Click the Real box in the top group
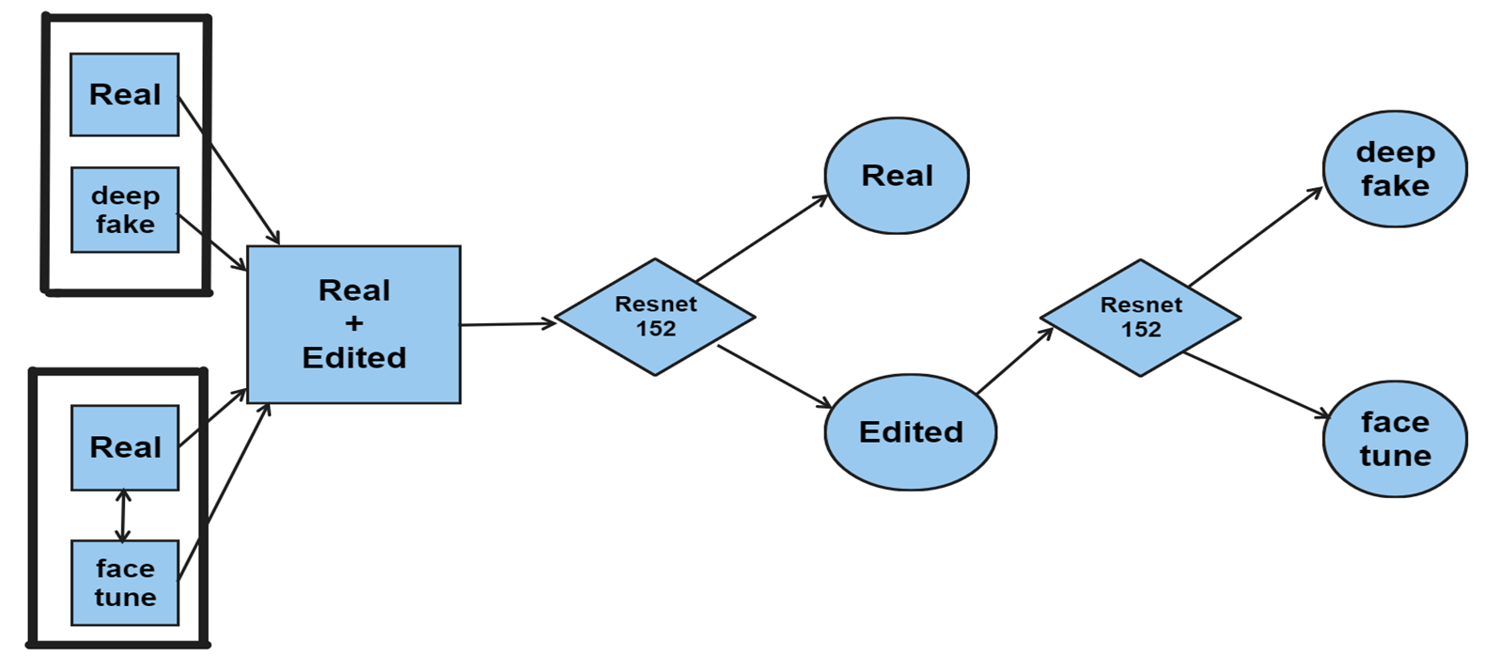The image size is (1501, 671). click(x=124, y=95)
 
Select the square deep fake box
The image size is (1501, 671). click(x=124, y=210)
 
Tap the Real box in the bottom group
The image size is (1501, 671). click(x=124, y=447)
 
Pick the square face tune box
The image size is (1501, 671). click(x=124, y=583)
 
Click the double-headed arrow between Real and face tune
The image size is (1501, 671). click(x=122, y=515)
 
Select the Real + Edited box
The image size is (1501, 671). click(x=353, y=324)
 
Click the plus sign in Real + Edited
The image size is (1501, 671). click(x=353, y=324)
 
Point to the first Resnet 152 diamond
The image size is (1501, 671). click(x=655, y=318)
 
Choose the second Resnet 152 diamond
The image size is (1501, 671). click(x=1140, y=318)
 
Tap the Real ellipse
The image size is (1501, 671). click(x=897, y=176)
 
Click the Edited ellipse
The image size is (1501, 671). click(x=910, y=432)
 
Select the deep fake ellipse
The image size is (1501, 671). click(x=1395, y=169)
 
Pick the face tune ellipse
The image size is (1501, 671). click(x=1395, y=439)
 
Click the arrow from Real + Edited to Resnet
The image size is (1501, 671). click(x=508, y=324)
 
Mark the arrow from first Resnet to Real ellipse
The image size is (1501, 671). click(x=761, y=238)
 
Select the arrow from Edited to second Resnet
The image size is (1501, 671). click(x=1015, y=361)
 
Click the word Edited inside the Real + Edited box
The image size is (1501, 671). click(x=353, y=358)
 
